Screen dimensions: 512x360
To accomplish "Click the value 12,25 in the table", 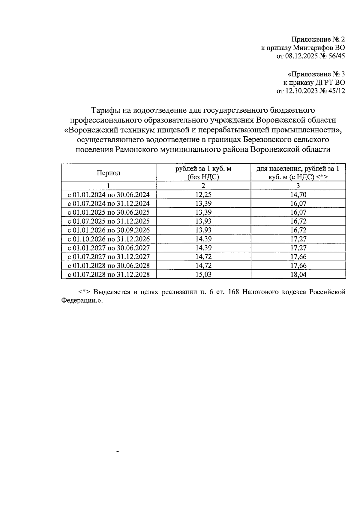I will pos(203,195).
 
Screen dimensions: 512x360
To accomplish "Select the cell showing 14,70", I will pos(298,195).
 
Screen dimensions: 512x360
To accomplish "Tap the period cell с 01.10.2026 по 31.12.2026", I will pos(109,239).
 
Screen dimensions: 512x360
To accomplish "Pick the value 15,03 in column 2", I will pos(203,274).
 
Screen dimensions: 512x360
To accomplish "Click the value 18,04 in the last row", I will pos(298,274).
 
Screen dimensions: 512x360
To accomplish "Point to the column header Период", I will pos(109,173).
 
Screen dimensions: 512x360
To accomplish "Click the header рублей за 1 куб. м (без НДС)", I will pos(203,173).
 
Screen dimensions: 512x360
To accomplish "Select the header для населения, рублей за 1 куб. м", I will pos(298,173).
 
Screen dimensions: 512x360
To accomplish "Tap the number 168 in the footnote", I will pos(233,292).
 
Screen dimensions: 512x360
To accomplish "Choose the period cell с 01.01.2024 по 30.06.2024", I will pos(109,195).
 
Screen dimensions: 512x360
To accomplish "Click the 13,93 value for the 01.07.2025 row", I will pos(203,221).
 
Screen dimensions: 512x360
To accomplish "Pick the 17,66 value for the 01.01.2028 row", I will pos(298,265).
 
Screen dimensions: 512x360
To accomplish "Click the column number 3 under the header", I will pos(298,186).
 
